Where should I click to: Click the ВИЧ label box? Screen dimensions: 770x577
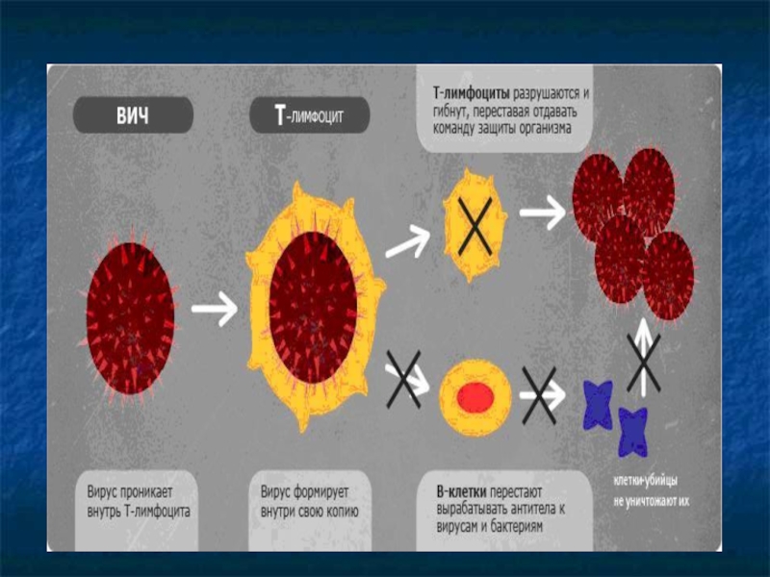133,116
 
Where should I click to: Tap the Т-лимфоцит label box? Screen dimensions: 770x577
309,117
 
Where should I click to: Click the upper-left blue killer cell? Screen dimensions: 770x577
599,403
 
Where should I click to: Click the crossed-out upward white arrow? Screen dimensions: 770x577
642,361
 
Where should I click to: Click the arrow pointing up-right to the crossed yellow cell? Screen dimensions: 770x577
408,239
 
